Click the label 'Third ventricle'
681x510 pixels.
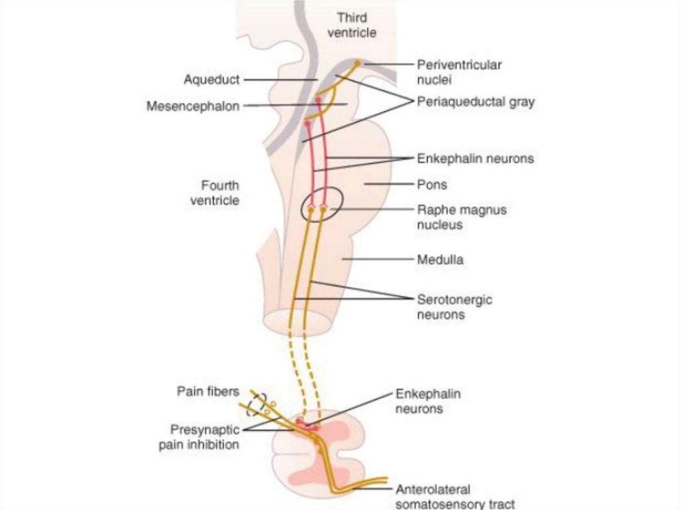355,24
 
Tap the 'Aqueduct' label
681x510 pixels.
211,80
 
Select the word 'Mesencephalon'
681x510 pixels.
192,106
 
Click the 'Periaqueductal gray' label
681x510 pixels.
476,103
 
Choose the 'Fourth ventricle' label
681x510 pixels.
219,192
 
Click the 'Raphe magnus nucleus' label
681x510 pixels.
462,217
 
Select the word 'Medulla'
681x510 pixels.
440,259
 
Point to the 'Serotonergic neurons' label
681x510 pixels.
454,307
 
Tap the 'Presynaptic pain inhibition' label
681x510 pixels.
199,438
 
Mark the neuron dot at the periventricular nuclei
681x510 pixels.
357,63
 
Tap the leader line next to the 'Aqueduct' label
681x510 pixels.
280,80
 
